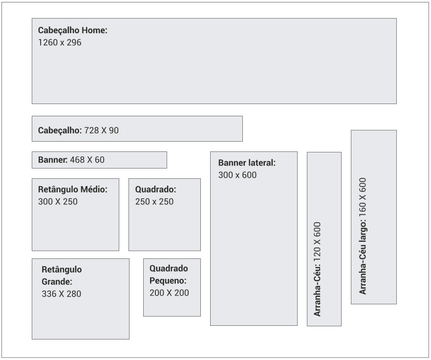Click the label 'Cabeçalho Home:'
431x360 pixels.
pyautogui.click(x=72, y=30)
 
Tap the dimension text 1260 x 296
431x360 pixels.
pyautogui.click(x=60, y=42)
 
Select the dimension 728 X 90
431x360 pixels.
pyautogui.click(x=102, y=130)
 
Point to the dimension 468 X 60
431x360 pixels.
pyautogui.click(x=87, y=160)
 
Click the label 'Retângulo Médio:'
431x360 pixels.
pyautogui.click(x=72, y=190)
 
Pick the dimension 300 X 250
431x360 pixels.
pyautogui.click(x=58, y=202)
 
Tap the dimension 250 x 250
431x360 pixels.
pyautogui.click(x=154, y=202)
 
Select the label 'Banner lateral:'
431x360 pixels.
pyautogui.click(x=247, y=163)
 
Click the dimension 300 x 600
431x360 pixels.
pyautogui.click(x=237, y=175)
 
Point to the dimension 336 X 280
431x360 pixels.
pyautogui.click(x=61, y=294)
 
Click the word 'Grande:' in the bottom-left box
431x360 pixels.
pyautogui.click(x=57, y=281)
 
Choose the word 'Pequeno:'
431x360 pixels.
pyautogui.click(x=168, y=281)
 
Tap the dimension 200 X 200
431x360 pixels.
pyautogui.click(x=169, y=293)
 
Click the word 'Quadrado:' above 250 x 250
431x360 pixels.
pyautogui.click(x=155, y=190)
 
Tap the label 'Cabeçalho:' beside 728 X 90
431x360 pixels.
pyautogui.click(x=60, y=130)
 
